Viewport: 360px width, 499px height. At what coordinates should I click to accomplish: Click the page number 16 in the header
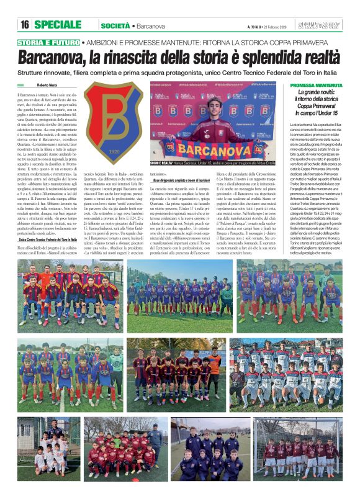(25, 25)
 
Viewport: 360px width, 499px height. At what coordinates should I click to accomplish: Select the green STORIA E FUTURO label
(48, 42)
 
